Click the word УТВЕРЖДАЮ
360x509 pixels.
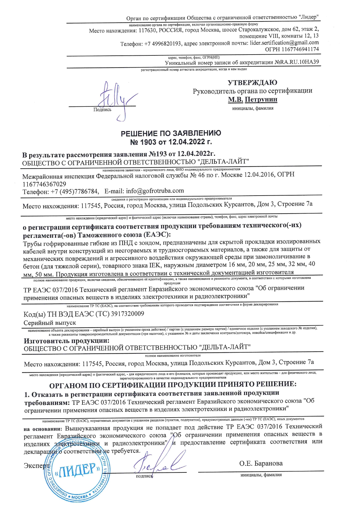(x=252, y=83)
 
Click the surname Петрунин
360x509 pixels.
(x=261, y=100)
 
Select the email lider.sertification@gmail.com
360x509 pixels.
(x=284, y=43)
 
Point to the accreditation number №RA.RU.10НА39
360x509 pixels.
(x=297, y=62)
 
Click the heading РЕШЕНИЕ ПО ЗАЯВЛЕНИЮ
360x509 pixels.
(x=171, y=133)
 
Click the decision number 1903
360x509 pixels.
(x=147, y=142)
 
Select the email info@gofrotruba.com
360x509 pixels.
(x=155, y=191)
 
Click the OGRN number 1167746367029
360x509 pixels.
(x=44, y=184)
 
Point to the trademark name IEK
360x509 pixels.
(x=155, y=265)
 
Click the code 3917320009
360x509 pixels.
(x=127, y=314)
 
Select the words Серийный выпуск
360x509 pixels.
(x=50, y=323)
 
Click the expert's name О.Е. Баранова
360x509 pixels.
(x=261, y=463)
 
